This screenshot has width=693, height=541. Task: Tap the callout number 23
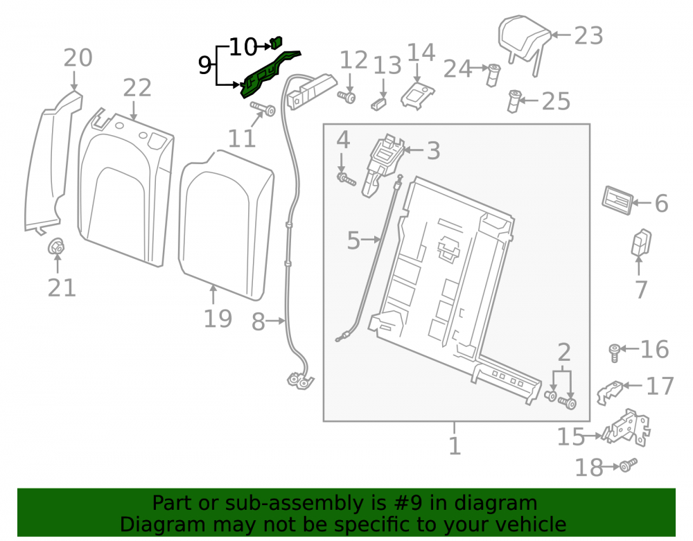(588, 36)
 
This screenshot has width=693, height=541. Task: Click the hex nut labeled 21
(56, 247)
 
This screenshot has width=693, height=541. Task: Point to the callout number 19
(218, 319)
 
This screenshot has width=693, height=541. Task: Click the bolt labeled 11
(263, 108)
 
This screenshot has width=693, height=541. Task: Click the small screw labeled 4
(346, 179)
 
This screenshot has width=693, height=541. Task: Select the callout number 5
(353, 240)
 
